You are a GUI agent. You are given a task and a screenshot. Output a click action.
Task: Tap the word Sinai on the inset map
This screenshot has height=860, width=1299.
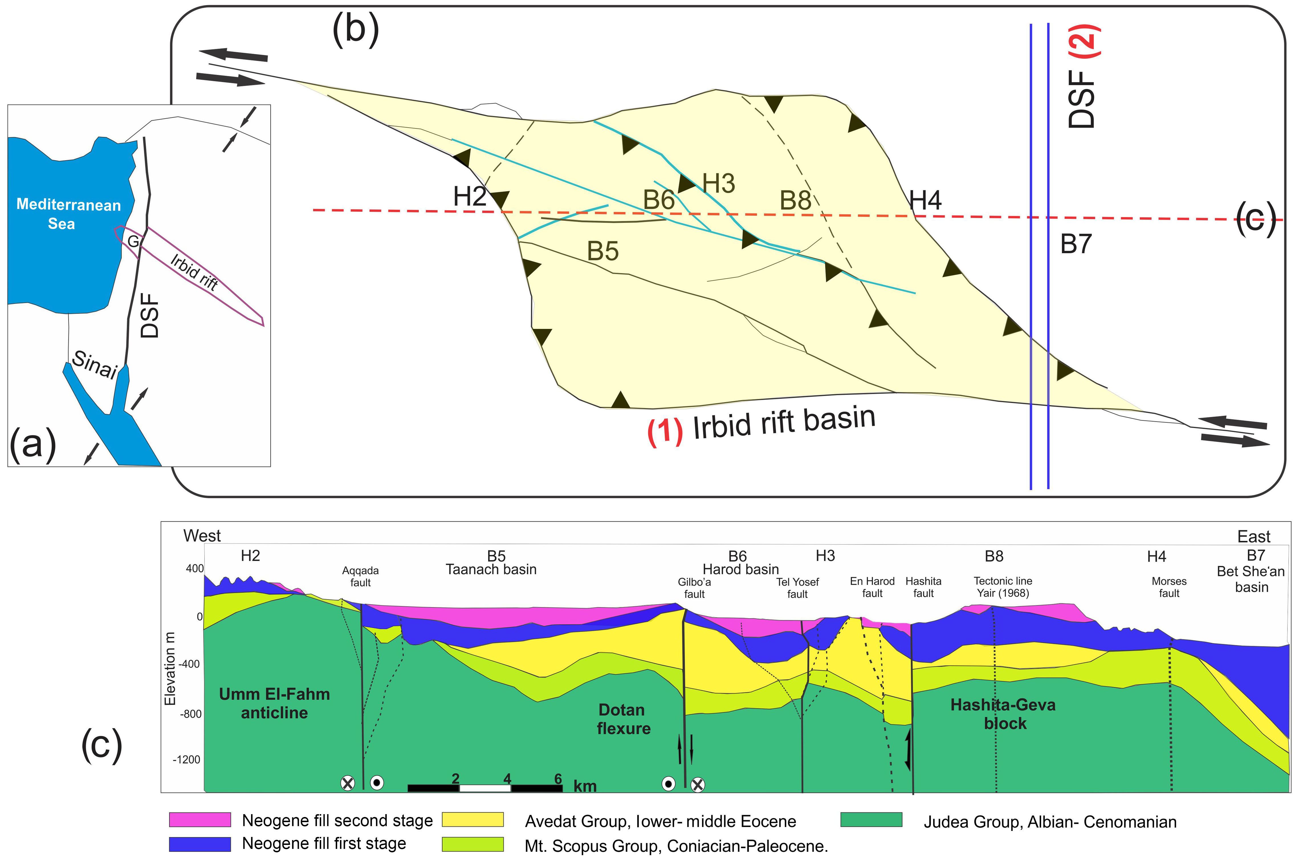point(94,365)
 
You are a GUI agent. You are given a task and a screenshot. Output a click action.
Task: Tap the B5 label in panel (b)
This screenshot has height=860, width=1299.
point(602,251)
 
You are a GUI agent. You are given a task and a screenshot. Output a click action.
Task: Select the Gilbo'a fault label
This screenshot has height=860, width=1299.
point(694,588)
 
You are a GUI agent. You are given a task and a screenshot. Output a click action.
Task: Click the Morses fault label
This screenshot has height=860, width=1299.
point(1169,587)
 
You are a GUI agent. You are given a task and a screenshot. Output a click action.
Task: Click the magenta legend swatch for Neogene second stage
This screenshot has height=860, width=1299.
point(200,819)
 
